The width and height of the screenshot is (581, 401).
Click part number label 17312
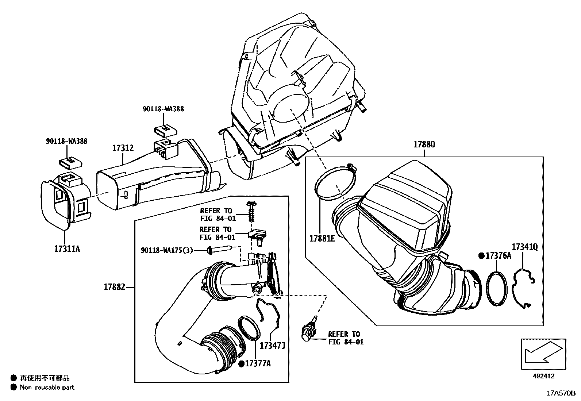tap(123, 148)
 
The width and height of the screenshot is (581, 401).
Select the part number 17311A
tap(67, 249)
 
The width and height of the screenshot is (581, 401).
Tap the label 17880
tap(424, 144)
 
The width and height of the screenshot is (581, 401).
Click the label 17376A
tap(498, 256)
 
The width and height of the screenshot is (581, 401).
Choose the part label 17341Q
tap(524, 247)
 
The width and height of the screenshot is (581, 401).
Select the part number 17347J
tap(272, 345)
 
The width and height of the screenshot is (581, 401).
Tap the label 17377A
tap(258, 363)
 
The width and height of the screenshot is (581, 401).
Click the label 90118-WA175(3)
tap(167, 250)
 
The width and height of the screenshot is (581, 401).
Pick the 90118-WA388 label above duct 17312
tap(163, 109)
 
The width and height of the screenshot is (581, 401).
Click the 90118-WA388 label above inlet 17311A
tap(66, 141)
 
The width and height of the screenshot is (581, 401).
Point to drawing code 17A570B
tap(561, 393)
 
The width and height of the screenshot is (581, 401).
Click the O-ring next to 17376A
tap(497, 288)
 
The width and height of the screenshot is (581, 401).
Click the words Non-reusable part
tap(47, 387)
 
